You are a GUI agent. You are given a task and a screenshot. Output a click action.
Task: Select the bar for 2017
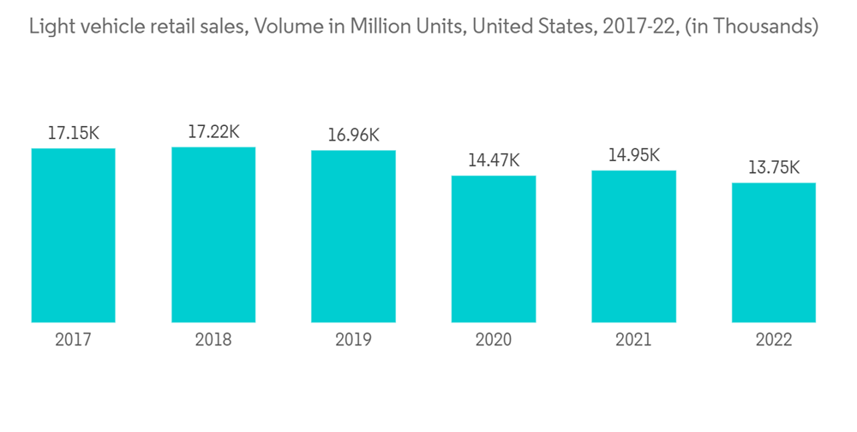pyautogui.click(x=73, y=236)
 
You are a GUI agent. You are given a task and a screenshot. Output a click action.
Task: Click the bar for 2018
pyautogui.click(x=213, y=235)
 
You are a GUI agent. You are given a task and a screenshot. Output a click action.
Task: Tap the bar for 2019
pyautogui.click(x=353, y=237)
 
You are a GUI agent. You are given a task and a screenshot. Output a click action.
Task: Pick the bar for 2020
pyautogui.click(x=494, y=249)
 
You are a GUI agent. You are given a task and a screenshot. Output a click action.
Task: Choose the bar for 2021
pyautogui.click(x=634, y=247)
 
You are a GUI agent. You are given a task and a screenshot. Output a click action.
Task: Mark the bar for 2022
pyautogui.click(x=774, y=253)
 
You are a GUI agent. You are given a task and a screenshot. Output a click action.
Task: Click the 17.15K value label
pyautogui.click(x=74, y=134)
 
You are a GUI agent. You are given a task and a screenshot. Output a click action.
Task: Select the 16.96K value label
pyautogui.click(x=353, y=135)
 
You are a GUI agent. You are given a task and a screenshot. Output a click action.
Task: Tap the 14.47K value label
pyautogui.click(x=494, y=160)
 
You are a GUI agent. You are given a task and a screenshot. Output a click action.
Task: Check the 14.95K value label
pyautogui.click(x=634, y=155)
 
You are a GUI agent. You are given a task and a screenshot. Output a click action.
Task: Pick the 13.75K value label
pyautogui.click(x=774, y=168)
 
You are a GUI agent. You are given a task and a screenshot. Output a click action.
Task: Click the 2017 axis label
pyautogui.click(x=73, y=340)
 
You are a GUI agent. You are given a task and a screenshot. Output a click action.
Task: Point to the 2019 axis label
pyautogui.click(x=353, y=340)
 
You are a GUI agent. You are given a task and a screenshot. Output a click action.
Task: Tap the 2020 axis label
pyautogui.click(x=494, y=340)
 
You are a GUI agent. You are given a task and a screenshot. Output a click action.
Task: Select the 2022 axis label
pyautogui.click(x=774, y=340)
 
